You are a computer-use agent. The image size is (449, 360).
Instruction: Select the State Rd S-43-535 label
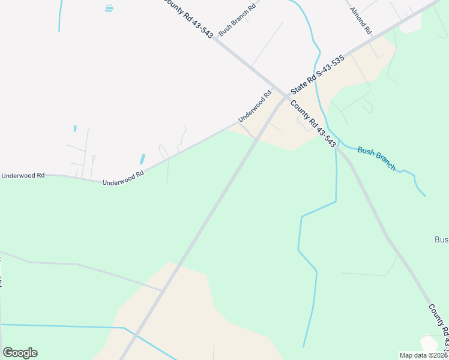[317, 74]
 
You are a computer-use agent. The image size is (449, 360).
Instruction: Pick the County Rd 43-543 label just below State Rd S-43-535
[313, 124]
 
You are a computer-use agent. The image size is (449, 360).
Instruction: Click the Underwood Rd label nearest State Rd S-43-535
[255, 106]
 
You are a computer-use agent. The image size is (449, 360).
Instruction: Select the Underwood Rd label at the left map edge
[23, 176]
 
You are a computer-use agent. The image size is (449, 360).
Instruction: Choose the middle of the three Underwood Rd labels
[123, 179]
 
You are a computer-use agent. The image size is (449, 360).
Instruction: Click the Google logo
[20, 353]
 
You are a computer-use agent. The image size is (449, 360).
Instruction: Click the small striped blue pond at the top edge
[109, 8]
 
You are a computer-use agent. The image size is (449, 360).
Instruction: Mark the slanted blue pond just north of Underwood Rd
[143, 159]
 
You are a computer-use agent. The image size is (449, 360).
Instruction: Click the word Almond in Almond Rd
[358, 17]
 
